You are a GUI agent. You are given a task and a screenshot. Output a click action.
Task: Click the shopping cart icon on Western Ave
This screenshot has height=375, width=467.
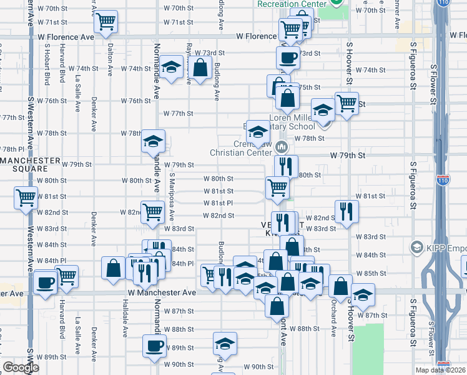(26, 198)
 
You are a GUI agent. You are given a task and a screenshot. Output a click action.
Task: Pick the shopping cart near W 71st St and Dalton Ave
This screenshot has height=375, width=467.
(106, 22)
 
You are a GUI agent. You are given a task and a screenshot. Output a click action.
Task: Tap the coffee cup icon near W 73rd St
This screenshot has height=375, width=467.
(288, 58)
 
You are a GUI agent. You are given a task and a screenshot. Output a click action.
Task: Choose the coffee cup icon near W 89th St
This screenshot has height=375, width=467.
(154, 346)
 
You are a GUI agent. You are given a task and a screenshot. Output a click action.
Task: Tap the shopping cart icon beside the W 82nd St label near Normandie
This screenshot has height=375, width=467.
(152, 212)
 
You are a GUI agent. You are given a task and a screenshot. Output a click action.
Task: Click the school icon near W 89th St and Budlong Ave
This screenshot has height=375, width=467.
(225, 343)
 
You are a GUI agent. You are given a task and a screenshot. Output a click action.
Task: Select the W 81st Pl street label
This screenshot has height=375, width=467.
(218, 203)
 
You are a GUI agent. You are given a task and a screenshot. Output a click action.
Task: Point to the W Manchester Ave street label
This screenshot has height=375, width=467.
(162, 292)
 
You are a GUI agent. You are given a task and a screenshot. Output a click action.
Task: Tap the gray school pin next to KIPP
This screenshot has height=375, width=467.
(416, 248)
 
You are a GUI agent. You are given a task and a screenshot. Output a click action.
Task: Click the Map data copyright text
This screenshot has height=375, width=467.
(441, 370)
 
